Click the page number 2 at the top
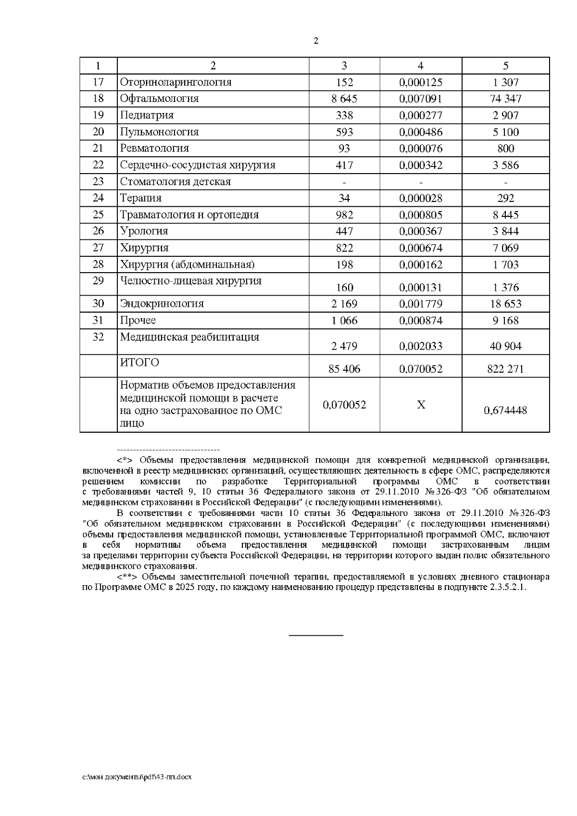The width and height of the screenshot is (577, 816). click(316, 41)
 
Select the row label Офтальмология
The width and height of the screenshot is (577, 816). click(159, 99)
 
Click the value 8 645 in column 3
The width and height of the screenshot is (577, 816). click(344, 99)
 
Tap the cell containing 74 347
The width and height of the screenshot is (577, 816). click(505, 99)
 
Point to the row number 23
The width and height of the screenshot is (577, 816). click(98, 182)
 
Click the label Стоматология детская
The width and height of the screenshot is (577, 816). click(176, 182)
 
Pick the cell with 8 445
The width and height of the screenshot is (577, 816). click(505, 215)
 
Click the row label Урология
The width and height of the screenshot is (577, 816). click(144, 231)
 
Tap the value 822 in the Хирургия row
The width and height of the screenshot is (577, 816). click(344, 248)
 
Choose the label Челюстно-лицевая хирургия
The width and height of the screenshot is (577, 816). click(191, 281)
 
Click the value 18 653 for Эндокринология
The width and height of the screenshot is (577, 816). click(505, 304)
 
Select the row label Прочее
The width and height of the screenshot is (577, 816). click(138, 320)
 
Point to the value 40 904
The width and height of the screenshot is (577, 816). click(505, 346)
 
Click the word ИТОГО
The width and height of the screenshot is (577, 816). click(139, 362)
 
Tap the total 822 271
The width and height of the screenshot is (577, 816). click(505, 369)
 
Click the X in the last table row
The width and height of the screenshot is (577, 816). click(421, 405)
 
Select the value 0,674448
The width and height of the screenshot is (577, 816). click(505, 410)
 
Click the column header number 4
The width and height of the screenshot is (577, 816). click(421, 66)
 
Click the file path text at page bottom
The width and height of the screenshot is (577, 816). click(137, 778)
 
